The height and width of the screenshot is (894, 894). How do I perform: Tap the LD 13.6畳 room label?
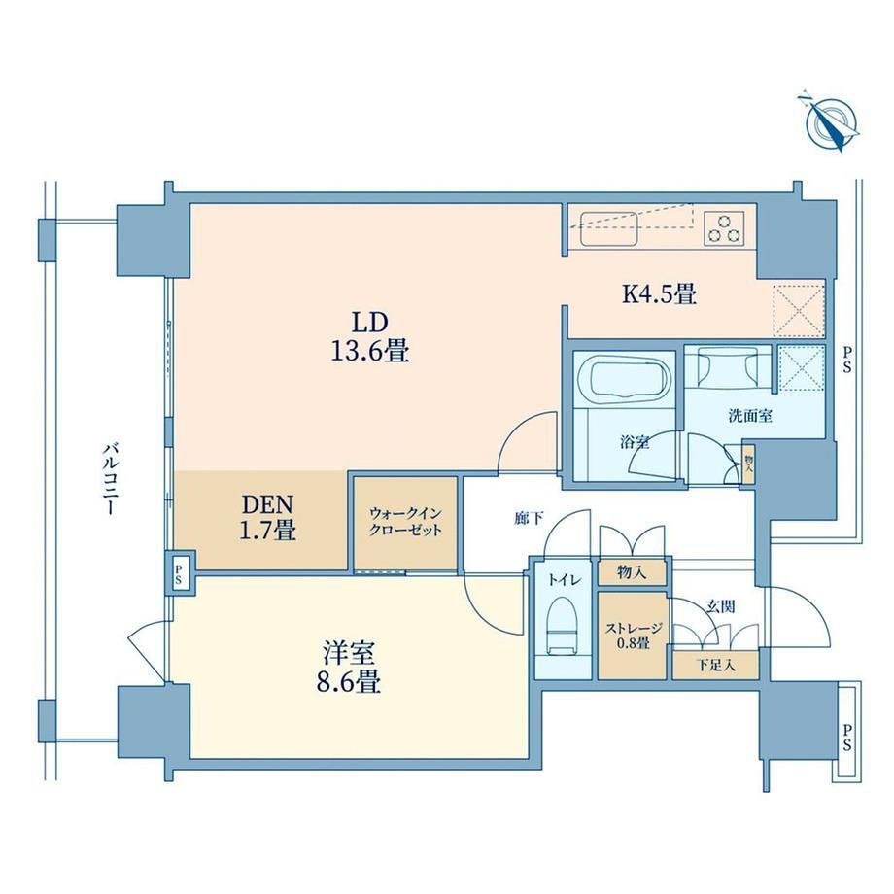[x=370, y=337]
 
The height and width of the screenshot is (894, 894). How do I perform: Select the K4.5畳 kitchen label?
[x=660, y=294]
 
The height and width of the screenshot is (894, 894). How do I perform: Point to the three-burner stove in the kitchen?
[x=724, y=228]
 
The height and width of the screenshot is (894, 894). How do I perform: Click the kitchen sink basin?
[x=608, y=228]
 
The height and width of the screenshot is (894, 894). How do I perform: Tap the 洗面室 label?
[x=750, y=416]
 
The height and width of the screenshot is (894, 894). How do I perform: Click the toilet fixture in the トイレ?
[x=563, y=626]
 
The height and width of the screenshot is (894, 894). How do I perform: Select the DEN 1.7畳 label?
[x=268, y=517]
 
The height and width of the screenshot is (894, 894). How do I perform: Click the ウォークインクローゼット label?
[x=405, y=522]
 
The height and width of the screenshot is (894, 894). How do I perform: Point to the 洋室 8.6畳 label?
[x=348, y=667]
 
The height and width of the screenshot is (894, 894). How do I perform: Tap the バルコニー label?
[x=108, y=478]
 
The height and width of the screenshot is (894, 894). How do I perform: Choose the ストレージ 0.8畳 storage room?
[x=632, y=636]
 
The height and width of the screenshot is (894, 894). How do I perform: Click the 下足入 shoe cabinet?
[x=715, y=666]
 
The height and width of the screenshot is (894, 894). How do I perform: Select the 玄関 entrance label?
[x=720, y=606]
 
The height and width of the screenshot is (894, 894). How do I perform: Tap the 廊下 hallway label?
[x=529, y=518]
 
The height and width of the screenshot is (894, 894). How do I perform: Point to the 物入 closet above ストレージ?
[x=632, y=572]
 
